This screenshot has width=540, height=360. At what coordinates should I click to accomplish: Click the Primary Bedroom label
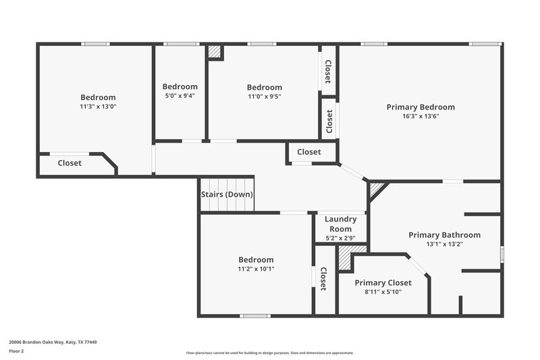click(420, 107)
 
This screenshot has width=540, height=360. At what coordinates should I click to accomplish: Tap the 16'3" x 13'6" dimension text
click(420, 116)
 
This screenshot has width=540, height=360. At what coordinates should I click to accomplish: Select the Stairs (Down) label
click(227, 195)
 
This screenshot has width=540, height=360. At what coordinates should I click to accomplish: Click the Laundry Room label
click(340, 224)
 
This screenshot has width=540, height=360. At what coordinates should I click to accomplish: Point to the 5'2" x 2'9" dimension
click(340, 238)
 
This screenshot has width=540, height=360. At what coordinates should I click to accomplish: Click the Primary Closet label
click(383, 283)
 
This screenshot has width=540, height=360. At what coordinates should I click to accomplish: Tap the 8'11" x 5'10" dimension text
click(383, 292)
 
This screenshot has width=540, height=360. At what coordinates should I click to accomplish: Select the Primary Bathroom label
click(444, 235)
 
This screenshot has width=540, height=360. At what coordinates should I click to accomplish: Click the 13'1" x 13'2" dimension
click(444, 245)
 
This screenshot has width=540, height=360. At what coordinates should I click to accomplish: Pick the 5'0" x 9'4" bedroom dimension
click(180, 96)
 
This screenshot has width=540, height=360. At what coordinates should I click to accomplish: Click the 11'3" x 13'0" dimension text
click(98, 107)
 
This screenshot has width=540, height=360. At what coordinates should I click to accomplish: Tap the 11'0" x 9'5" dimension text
click(264, 97)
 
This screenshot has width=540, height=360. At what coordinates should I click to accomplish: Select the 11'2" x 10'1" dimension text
click(256, 269)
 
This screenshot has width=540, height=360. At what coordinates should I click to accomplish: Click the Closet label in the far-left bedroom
click(70, 163)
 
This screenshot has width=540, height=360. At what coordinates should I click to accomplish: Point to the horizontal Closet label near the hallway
click(309, 152)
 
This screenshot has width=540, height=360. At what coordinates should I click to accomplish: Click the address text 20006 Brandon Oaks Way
click(53, 342)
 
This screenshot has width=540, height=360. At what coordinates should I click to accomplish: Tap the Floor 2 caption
click(18, 351)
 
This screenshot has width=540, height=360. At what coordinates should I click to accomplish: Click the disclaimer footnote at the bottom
click(269, 353)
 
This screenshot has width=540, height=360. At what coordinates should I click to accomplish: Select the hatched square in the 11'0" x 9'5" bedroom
click(215, 52)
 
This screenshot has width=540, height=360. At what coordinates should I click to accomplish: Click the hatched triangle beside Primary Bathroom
click(375, 188)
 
